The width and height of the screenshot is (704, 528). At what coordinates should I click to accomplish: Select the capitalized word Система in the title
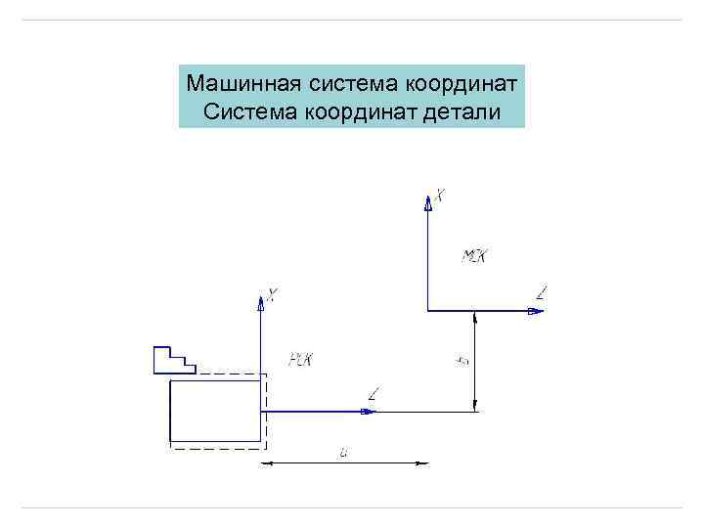244,112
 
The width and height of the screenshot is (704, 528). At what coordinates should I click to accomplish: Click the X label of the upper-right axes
440,197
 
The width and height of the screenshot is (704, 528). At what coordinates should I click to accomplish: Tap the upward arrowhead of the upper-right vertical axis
427,202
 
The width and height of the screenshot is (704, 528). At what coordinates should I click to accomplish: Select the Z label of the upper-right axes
543,291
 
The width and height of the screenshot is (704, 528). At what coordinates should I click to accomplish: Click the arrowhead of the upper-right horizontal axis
534,311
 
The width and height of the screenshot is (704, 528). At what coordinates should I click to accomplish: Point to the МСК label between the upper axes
474,257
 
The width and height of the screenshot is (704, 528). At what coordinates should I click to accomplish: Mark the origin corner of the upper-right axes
427,311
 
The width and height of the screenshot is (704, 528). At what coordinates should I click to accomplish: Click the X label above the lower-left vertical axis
272,293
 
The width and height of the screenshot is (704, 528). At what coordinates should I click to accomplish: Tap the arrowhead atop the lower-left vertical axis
261,302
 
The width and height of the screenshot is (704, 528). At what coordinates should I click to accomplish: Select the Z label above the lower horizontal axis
374,394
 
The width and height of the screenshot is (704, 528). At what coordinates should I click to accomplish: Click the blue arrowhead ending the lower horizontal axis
368,412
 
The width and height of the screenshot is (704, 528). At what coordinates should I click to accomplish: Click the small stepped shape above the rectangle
174,360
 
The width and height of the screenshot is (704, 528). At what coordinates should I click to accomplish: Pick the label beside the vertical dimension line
462,361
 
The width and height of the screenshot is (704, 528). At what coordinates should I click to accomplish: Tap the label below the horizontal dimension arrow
344,452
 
